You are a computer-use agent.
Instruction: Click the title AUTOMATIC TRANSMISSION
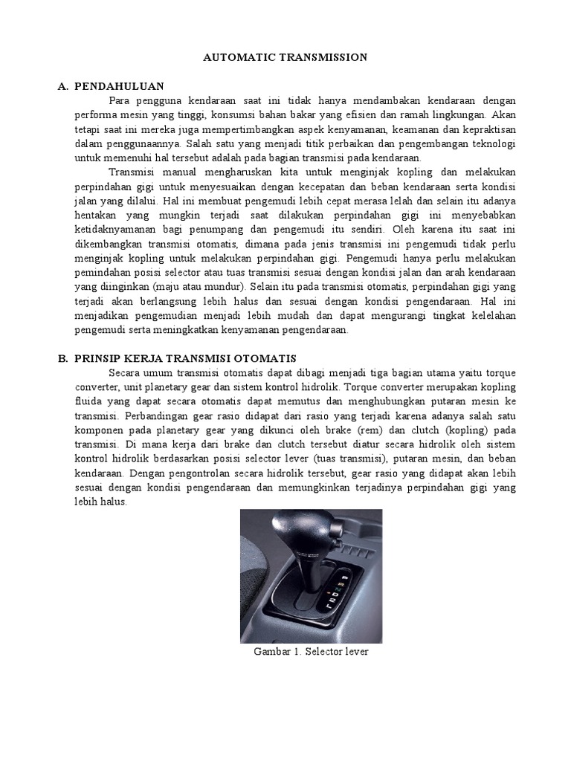[285, 56]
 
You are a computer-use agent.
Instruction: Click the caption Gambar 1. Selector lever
[310, 652]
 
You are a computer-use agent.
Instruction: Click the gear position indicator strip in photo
[340, 591]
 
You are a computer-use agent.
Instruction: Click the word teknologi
[492, 143]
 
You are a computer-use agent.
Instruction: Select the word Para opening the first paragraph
[121, 101]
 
